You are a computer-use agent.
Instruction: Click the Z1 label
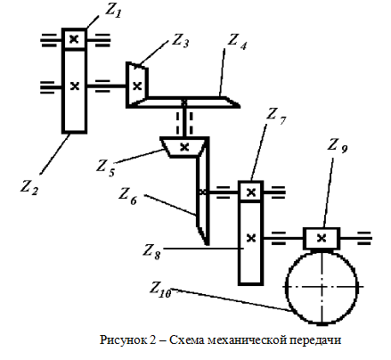click(x=113, y=12)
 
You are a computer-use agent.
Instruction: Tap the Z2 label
click(x=29, y=187)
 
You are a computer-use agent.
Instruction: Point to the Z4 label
click(x=237, y=43)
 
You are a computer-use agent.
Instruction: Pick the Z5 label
click(x=105, y=168)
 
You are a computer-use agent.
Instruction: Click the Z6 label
click(x=128, y=196)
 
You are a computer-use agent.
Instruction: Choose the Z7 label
click(x=276, y=116)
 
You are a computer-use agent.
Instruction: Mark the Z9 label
click(x=338, y=146)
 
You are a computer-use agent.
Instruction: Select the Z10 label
click(x=160, y=290)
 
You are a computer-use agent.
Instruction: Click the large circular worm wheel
click(x=322, y=287)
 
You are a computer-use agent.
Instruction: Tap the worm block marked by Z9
click(x=322, y=238)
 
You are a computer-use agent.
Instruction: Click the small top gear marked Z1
click(x=74, y=39)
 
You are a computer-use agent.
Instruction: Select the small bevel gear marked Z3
click(x=137, y=85)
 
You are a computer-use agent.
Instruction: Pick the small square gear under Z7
click(x=251, y=192)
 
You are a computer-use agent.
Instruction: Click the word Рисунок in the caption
click(x=126, y=340)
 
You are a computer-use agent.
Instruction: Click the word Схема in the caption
click(x=187, y=340)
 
